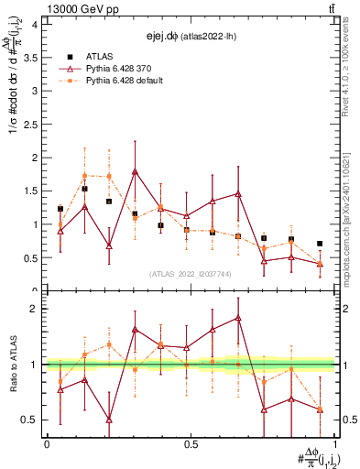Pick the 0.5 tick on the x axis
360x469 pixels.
[191, 443]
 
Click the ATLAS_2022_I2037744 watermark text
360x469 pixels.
[189, 274]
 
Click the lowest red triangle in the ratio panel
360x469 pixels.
[109, 420]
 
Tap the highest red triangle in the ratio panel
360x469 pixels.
[238, 318]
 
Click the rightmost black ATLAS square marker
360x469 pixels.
[320, 244]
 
